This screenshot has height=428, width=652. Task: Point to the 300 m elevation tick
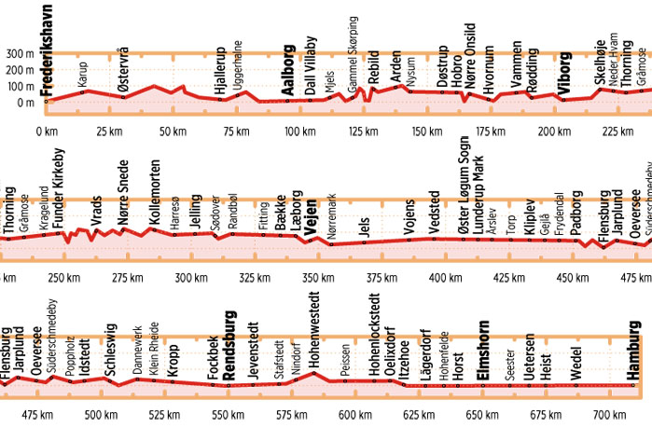coord(20,54)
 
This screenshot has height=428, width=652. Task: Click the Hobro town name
coord(456,74)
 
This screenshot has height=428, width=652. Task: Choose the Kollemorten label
coord(156,199)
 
